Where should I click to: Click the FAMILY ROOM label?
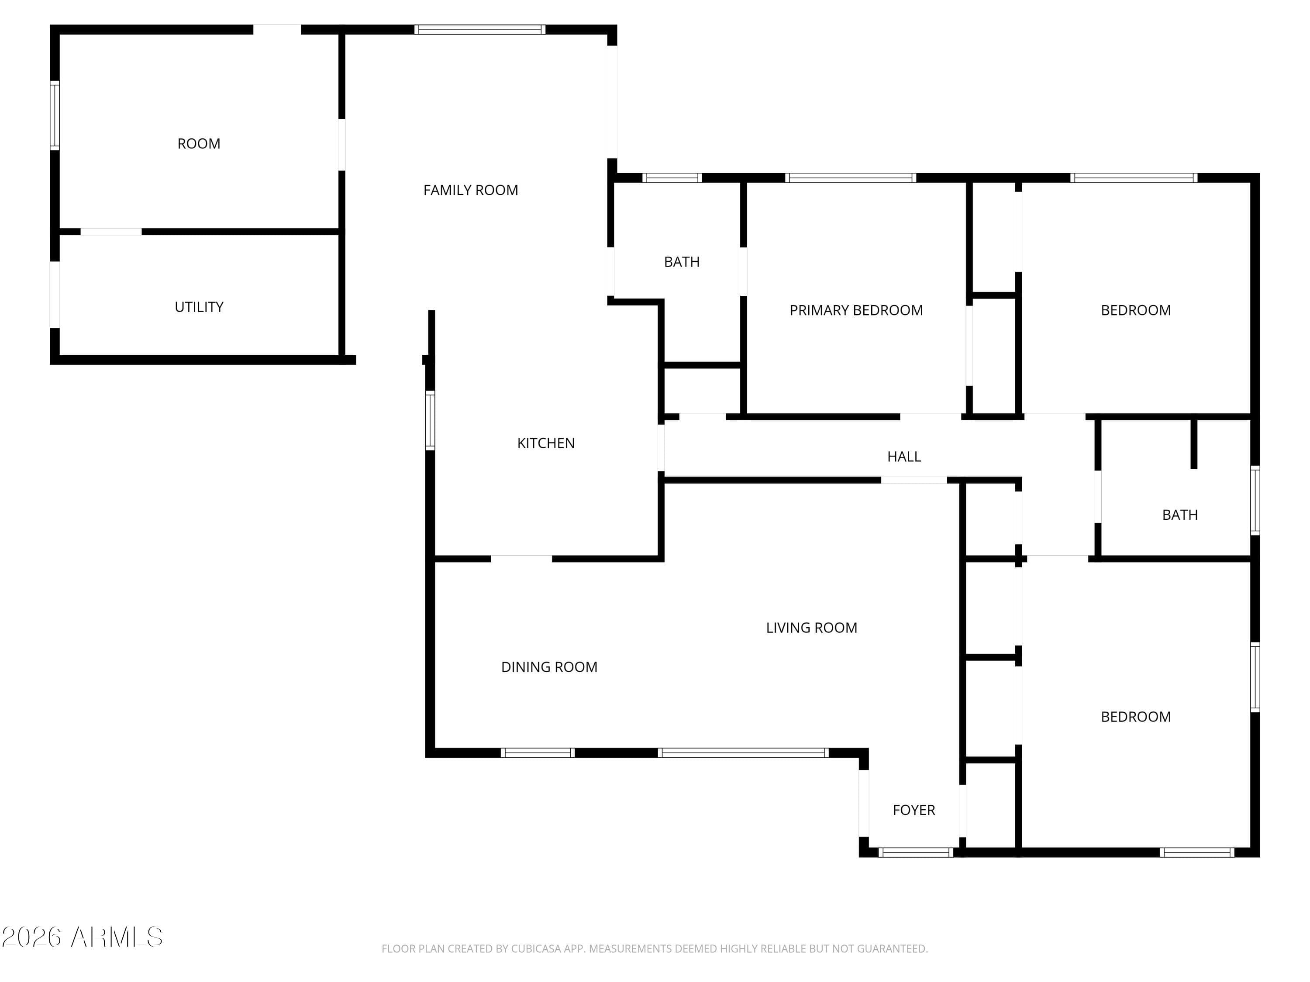(470, 190)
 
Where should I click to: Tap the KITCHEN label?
(545, 443)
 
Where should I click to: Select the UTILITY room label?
(199, 307)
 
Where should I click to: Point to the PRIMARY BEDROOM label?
(856, 310)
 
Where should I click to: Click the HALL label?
(904, 457)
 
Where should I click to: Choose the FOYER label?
(914, 810)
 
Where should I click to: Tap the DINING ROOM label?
(549, 667)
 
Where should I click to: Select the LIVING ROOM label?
(811, 628)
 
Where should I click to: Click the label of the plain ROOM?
(199, 144)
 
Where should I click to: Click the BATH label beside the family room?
(682, 261)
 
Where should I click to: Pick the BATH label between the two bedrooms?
(1180, 515)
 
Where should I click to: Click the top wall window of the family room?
(480, 30)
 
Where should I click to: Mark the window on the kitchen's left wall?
(431, 420)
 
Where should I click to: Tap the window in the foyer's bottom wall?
(916, 852)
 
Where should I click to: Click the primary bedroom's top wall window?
(851, 178)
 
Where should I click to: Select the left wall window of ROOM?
(55, 115)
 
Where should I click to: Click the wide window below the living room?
(743, 753)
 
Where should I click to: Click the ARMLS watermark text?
(117, 937)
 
